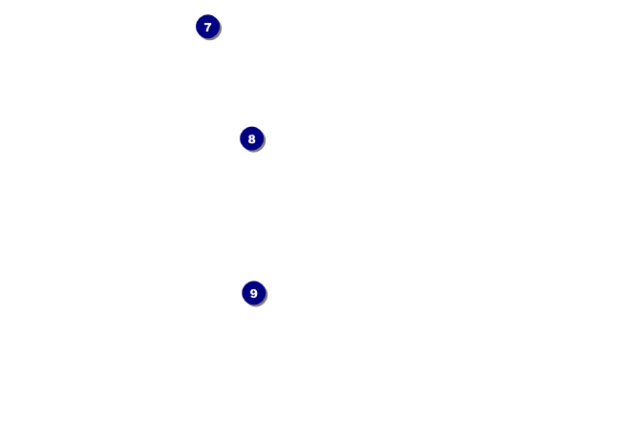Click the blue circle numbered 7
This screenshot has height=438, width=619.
207,27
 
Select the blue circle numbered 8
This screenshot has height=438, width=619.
251,138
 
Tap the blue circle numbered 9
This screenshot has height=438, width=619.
253,293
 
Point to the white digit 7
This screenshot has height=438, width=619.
207,27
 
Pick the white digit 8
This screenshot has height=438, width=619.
251,138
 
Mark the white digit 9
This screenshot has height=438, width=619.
253,293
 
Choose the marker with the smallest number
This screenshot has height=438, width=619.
207,27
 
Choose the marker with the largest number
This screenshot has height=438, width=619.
253,293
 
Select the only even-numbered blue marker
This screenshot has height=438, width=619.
251,138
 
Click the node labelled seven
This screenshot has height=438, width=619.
207,27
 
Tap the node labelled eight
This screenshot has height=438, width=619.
251,138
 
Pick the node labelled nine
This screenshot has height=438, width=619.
253,293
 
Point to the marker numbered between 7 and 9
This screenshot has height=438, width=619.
251,138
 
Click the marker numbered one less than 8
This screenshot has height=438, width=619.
207,27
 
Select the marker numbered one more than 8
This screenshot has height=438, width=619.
253,293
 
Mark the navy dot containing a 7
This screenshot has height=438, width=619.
207,27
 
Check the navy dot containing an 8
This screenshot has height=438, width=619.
251,138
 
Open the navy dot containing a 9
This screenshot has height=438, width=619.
253,293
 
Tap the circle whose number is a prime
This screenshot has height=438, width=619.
207,27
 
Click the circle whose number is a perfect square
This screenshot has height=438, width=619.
253,293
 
